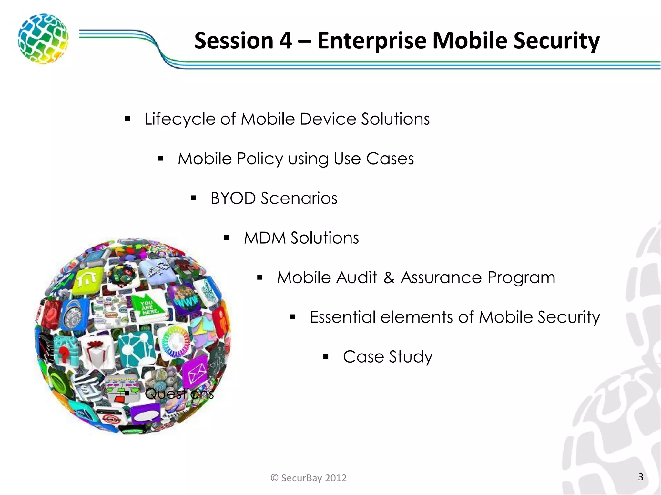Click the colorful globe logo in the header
(43, 38)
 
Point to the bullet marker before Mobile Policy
(160, 159)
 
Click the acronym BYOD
(233, 198)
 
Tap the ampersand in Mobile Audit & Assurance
(389, 277)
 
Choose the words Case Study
(387, 357)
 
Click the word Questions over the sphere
(179, 393)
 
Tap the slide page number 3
(641, 477)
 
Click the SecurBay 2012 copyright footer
(309, 478)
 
